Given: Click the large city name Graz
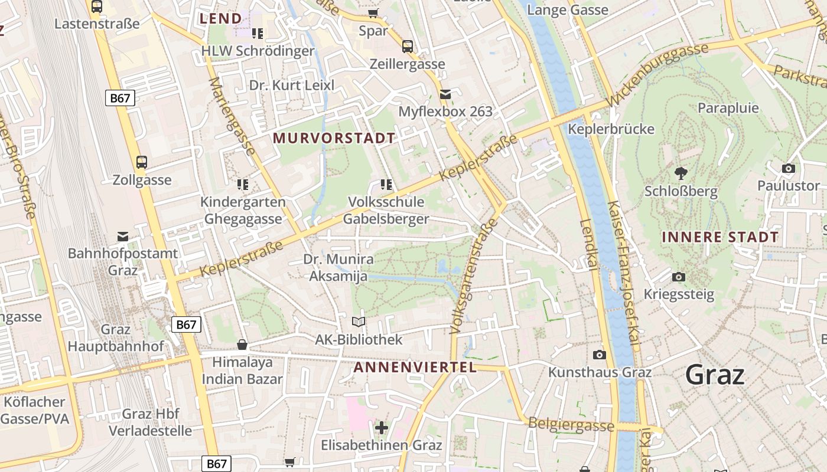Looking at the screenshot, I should (x=715, y=375).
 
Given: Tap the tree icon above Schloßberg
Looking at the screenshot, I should (x=681, y=173).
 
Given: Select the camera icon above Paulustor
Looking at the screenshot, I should (x=788, y=169).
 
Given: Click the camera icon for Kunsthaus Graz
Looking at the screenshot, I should (x=600, y=355).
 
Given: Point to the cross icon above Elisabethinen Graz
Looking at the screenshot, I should (x=382, y=427).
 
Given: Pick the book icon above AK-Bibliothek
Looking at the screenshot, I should (x=359, y=322).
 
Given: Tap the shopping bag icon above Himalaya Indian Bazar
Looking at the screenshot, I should (x=242, y=345).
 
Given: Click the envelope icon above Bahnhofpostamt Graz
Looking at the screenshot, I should (x=123, y=237).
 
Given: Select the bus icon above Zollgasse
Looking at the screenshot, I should (x=142, y=162).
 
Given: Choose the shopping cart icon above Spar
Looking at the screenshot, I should (x=373, y=13).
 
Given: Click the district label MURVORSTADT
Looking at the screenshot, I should (x=334, y=139).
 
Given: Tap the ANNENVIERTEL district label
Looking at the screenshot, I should (x=415, y=368).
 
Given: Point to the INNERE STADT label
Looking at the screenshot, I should (x=720, y=237).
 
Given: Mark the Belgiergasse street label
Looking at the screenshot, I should (x=571, y=424).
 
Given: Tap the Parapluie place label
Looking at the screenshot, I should (x=728, y=108).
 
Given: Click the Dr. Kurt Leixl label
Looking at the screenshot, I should (x=292, y=86).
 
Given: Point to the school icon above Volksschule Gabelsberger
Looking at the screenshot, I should (x=386, y=185).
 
